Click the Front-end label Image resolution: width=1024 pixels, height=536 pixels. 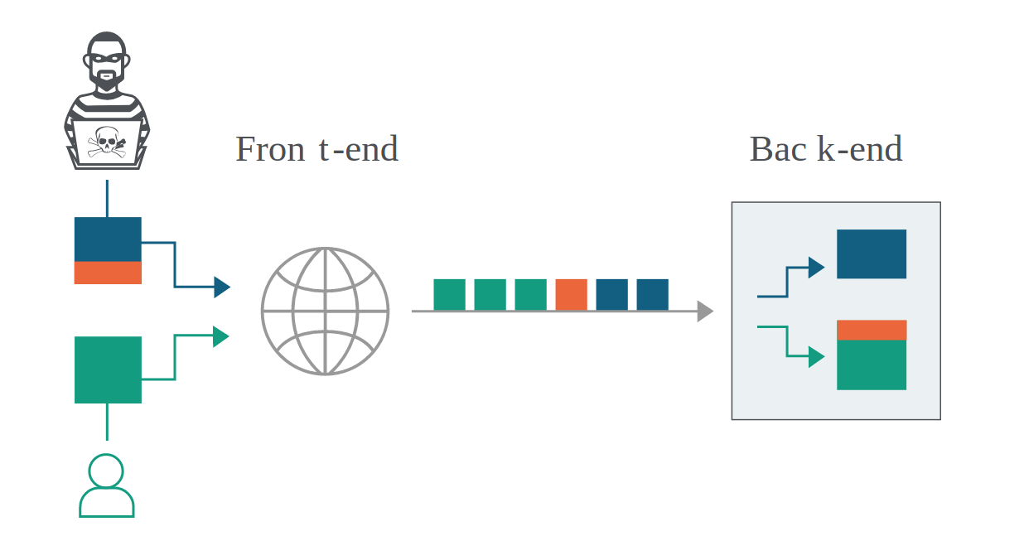coord(316,148)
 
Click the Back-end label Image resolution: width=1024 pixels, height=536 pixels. coord(826,148)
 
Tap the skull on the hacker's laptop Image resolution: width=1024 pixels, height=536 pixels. coord(107,142)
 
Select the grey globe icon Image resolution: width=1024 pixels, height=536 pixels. coord(325,311)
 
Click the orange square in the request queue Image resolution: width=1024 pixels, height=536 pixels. coord(571,295)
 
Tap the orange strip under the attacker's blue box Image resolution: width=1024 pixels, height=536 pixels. coord(108,273)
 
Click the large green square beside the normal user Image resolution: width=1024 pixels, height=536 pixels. coord(108,370)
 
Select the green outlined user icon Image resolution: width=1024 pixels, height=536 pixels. coord(107,485)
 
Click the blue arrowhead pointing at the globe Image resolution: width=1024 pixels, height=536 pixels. coord(222,287)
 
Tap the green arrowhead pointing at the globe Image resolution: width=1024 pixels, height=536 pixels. coord(221,337)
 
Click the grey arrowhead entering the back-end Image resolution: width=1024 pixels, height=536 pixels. coord(705,311)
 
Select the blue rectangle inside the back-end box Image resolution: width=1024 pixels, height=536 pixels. coord(872,254)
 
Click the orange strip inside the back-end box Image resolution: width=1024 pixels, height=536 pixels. coord(872,330)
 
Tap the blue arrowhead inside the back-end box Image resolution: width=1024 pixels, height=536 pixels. coord(816,268)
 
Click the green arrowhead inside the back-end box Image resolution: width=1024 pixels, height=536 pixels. coord(816,357)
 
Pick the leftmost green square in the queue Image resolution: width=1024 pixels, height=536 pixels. coord(449,295)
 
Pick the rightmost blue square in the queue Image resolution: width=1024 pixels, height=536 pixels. coord(652,295)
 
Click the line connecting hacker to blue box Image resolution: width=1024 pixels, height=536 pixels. coord(107,198)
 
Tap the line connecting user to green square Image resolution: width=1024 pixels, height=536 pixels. coord(107,422)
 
